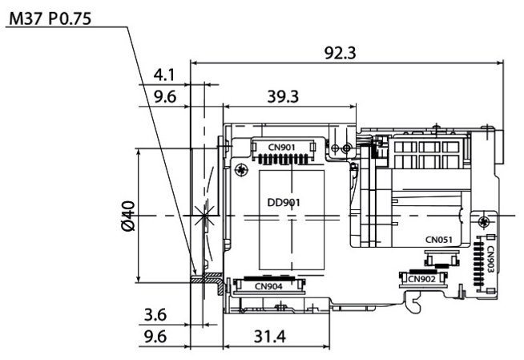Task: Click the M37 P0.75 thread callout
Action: click(50, 18)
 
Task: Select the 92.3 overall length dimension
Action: click(341, 53)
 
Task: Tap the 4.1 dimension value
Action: click(164, 75)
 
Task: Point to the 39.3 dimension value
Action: click(283, 96)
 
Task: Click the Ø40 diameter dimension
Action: click(128, 216)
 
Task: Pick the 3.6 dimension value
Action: click(155, 315)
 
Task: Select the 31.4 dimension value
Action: click(270, 337)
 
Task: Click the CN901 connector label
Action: click(282, 147)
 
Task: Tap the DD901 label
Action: click(284, 203)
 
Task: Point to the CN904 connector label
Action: click(268, 286)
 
